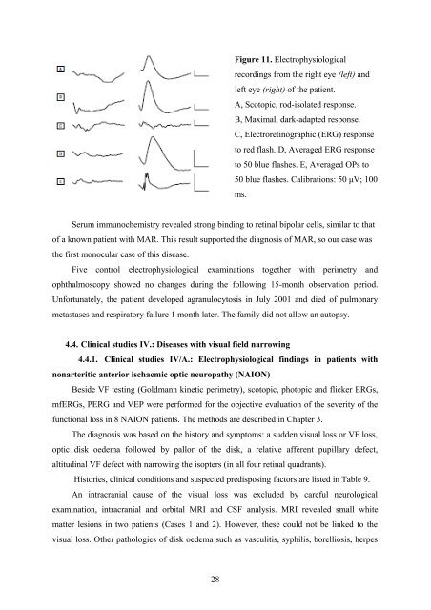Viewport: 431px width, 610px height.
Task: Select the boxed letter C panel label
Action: point(61,125)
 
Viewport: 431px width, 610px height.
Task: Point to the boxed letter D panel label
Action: point(61,152)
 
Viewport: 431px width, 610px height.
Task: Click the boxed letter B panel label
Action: point(61,96)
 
